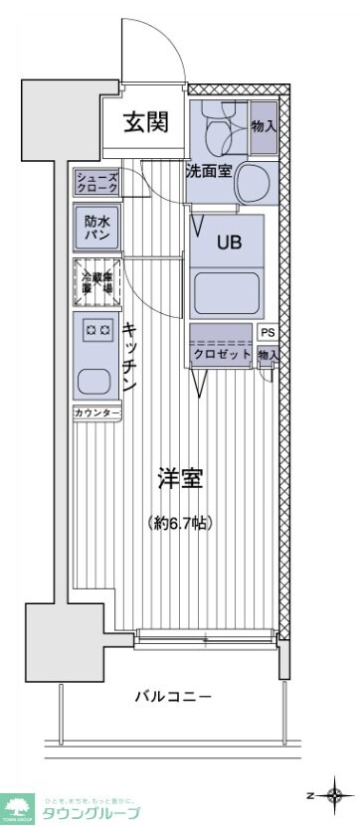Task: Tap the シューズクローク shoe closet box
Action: tap(96, 183)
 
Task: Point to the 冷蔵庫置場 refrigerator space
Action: tap(96, 281)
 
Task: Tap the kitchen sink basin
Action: tap(95, 380)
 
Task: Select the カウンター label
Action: tap(96, 413)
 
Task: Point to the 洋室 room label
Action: tap(180, 478)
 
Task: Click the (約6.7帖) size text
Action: tap(180, 523)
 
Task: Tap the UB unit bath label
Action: tap(228, 241)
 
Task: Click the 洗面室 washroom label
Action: tap(209, 170)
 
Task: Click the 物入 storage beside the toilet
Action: tap(264, 125)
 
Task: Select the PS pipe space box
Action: tap(268, 333)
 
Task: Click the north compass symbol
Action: tap(334, 795)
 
